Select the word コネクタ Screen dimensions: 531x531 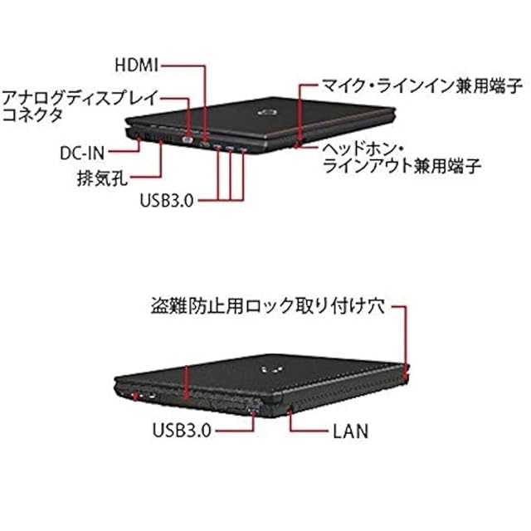(x=33, y=116)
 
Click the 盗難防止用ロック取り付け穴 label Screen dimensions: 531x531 (x=267, y=307)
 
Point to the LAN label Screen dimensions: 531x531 (x=350, y=431)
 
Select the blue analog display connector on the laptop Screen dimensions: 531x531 (x=188, y=140)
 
